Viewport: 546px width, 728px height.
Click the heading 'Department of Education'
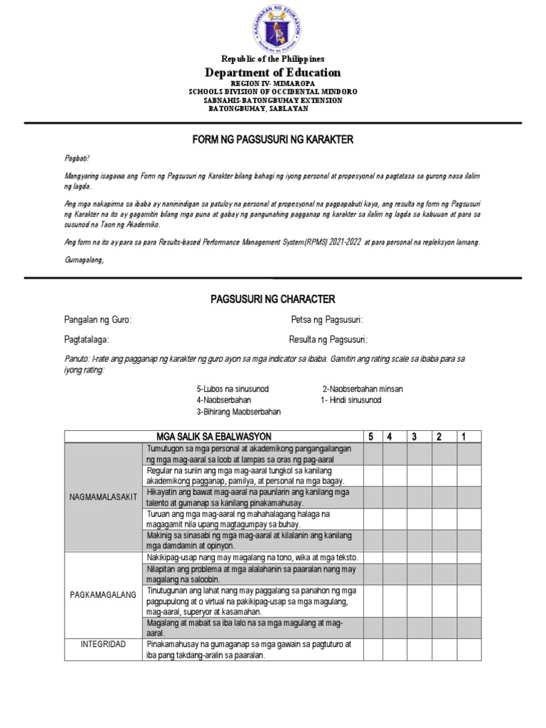click(x=273, y=73)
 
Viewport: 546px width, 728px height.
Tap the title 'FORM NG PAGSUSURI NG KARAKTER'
click(x=273, y=140)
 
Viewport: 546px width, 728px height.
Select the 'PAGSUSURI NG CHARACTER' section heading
click(x=273, y=299)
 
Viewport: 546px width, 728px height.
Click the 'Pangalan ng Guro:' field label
click(x=97, y=321)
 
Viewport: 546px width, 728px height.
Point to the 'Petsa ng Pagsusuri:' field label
click(x=327, y=321)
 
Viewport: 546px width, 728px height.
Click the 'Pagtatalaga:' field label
click(x=87, y=340)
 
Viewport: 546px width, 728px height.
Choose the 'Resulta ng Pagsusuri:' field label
click(x=328, y=340)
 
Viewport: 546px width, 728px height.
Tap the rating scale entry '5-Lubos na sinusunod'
click(x=232, y=390)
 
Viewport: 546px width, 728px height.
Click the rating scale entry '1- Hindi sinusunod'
click(x=350, y=400)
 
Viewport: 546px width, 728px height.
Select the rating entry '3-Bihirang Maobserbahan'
click(x=238, y=412)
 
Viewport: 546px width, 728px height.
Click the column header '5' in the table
click(x=370, y=436)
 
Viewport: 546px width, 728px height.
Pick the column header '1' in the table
click(x=464, y=436)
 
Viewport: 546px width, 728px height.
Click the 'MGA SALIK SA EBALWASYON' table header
click(x=214, y=436)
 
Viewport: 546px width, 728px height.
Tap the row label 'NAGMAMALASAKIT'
click(x=103, y=497)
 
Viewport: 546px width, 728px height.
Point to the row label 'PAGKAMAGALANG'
click(x=103, y=594)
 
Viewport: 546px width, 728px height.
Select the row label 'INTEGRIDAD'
click(x=103, y=644)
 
